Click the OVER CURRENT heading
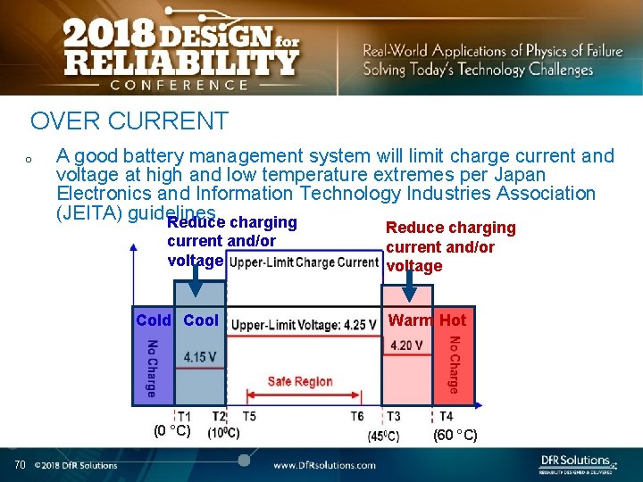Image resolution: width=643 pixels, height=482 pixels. pyautogui.click(x=129, y=120)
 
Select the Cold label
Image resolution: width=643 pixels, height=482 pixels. pyautogui.click(x=154, y=320)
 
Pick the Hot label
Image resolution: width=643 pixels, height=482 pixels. pyautogui.click(x=453, y=320)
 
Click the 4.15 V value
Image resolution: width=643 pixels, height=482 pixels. pyautogui.click(x=199, y=357)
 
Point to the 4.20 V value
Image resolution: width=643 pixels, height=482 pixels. pyautogui.click(x=406, y=345)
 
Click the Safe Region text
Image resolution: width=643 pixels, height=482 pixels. pyautogui.click(x=300, y=382)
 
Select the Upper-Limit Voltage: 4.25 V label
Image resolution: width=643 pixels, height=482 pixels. pyautogui.click(x=304, y=325)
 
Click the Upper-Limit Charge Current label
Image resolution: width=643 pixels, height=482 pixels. pyautogui.click(x=304, y=262)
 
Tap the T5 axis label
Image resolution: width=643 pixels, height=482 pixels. pyautogui.click(x=249, y=417)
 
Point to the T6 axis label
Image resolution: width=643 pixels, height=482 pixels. pyautogui.click(x=356, y=417)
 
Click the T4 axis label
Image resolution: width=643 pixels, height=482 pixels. pyautogui.click(x=446, y=417)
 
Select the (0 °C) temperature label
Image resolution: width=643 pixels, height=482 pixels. pyautogui.click(x=171, y=431)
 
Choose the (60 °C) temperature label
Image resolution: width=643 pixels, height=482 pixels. pyautogui.click(x=455, y=436)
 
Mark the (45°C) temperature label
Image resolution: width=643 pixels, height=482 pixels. pyautogui.click(x=383, y=436)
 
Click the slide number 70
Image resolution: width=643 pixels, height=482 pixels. pyautogui.click(x=20, y=464)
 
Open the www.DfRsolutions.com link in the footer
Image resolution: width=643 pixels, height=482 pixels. pyautogui.click(x=324, y=465)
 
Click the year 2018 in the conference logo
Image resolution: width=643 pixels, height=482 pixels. pyautogui.click(x=111, y=37)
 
